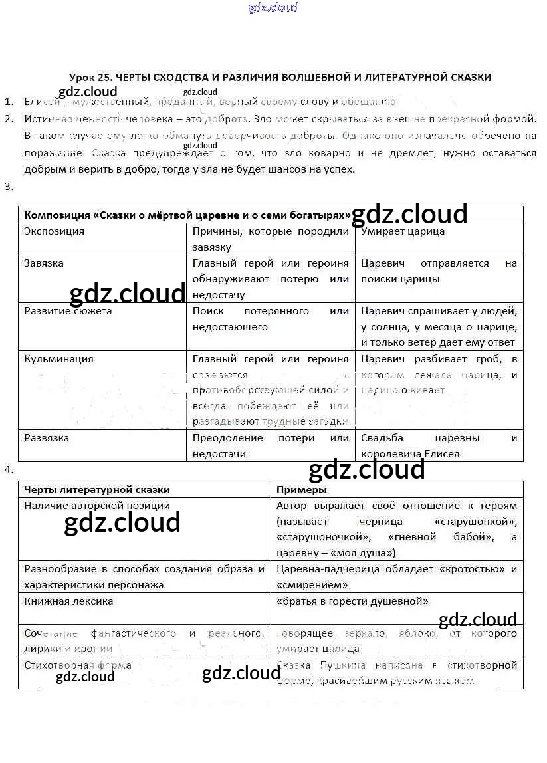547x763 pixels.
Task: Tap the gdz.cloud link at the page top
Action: click(x=273, y=8)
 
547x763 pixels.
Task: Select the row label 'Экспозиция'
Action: click(x=55, y=231)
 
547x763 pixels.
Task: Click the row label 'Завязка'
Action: click(x=44, y=263)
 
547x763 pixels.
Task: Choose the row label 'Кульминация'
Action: click(x=58, y=359)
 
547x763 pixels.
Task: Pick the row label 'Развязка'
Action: click(x=47, y=439)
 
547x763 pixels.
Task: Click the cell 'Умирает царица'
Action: click(x=403, y=231)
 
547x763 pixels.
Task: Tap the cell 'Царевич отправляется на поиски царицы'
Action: click(x=439, y=271)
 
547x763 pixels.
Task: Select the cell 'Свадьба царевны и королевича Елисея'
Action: click(x=439, y=446)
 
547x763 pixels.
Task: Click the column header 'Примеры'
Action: click(x=301, y=490)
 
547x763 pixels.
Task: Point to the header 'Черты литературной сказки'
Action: click(x=97, y=490)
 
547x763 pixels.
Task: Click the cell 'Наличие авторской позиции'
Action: click(x=97, y=506)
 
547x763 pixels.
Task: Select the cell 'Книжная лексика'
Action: click(x=68, y=601)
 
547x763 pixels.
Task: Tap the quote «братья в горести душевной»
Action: click(x=352, y=601)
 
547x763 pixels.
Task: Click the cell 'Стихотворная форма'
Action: click(x=78, y=665)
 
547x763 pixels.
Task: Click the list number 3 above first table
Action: click(x=8, y=187)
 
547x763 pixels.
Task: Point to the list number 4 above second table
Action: click(x=8, y=470)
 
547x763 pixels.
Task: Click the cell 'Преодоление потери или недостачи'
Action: click(x=271, y=446)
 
